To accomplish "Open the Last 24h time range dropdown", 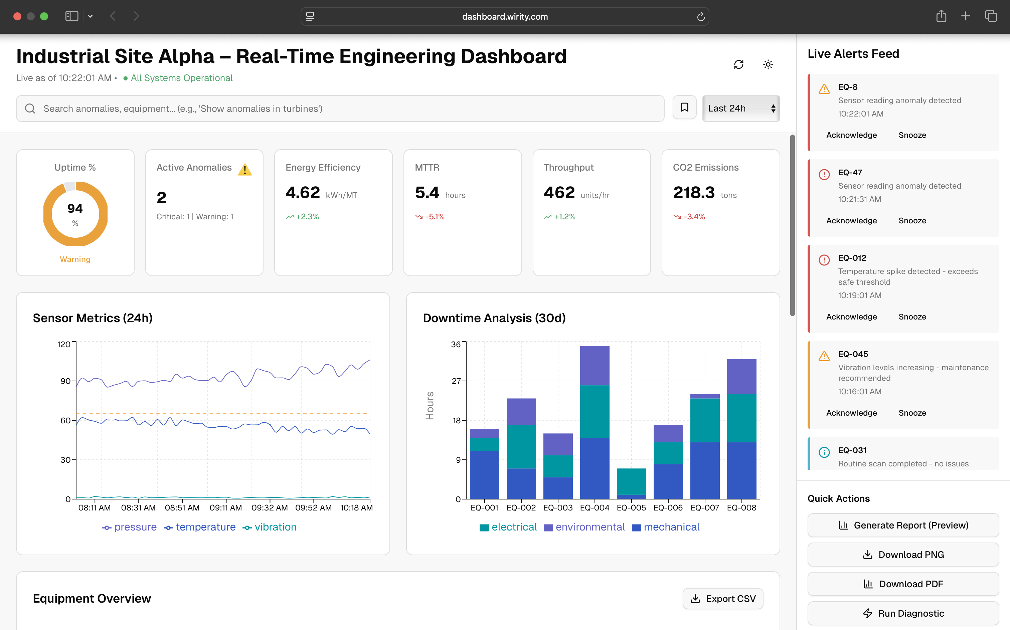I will (740, 108).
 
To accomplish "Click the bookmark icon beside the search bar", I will (684, 108).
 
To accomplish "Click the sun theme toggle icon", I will (768, 64).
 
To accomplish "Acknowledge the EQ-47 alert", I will (851, 220).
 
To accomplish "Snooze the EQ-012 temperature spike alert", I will (912, 317).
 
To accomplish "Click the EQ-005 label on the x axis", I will (631, 507).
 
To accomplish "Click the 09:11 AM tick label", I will (225, 507).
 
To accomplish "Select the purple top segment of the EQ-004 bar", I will (595, 366).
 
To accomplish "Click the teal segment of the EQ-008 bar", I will (741, 418).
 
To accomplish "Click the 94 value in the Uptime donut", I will (75, 208).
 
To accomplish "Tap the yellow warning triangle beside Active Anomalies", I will (245, 170).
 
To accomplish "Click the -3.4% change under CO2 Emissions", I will (694, 217).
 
